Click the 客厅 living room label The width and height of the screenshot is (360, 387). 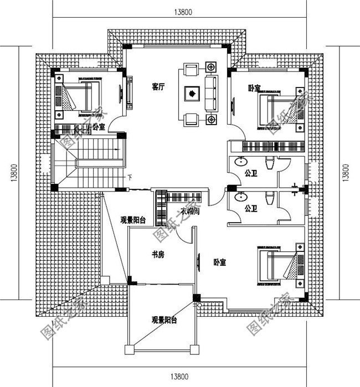(160, 86)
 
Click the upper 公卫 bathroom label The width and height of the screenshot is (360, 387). (251, 174)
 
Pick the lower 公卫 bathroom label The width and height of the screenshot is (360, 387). (251, 209)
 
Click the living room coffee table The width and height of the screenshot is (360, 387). (191, 94)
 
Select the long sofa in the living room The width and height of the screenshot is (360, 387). (212, 94)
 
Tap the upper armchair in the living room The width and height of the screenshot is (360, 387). (191, 70)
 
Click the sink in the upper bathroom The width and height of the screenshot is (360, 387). (241, 162)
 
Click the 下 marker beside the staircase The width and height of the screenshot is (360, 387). (130, 178)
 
